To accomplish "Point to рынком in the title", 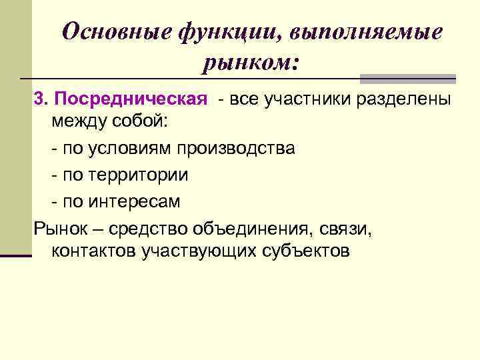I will pos(248,64).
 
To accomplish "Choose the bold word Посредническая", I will pos(131,99).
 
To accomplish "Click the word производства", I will pos(236,149).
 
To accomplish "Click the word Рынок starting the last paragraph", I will pos(59,229).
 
